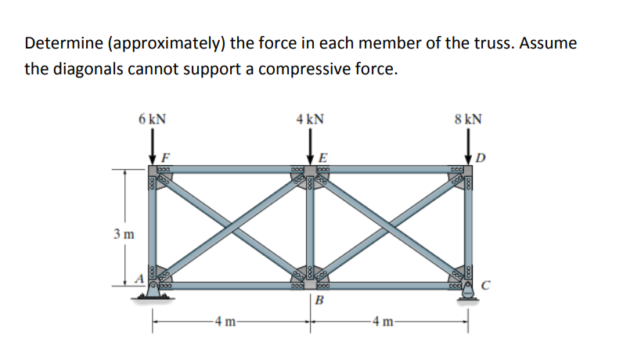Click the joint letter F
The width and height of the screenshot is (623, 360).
coord(165,156)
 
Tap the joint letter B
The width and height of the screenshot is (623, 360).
coord(321,301)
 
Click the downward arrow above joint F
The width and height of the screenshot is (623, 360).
coord(153,146)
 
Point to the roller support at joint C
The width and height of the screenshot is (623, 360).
coord(470,292)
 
